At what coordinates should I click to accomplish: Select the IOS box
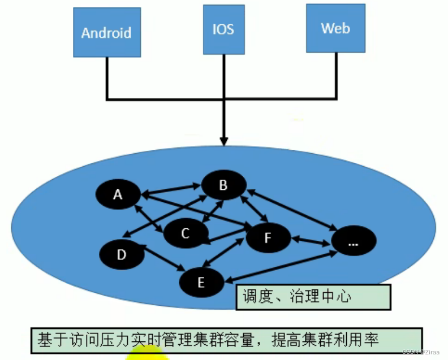pyautogui.click(x=223, y=29)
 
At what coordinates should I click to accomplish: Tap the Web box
pyautogui.click(x=335, y=28)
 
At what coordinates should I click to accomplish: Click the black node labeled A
pyautogui.click(x=118, y=194)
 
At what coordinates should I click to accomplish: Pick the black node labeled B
pyautogui.click(x=223, y=185)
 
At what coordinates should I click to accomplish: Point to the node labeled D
pyautogui.click(x=121, y=255)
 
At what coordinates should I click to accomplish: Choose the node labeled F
pyautogui.click(x=268, y=237)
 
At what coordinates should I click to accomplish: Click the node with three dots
pyautogui.click(x=354, y=241)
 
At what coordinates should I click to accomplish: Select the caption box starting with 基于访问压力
pyautogui.click(x=226, y=340)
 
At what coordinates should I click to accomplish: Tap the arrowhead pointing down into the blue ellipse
pyautogui.click(x=224, y=140)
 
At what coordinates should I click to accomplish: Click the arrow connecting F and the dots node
pyautogui.click(x=311, y=240)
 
